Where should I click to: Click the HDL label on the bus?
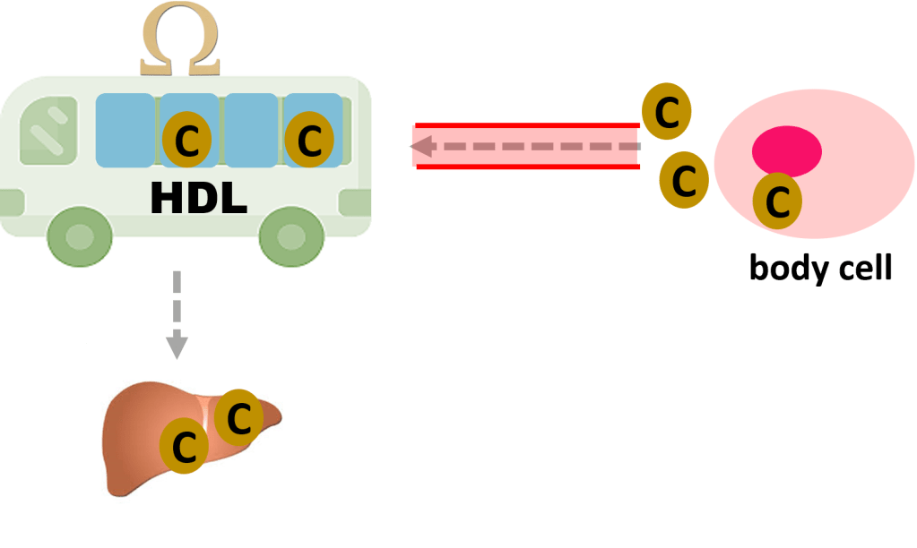point(198,198)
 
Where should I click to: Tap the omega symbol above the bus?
point(179,44)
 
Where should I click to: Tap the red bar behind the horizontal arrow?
point(524,146)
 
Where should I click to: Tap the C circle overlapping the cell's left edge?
point(684,181)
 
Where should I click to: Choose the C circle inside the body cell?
point(777,202)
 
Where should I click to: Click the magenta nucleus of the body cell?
point(786,150)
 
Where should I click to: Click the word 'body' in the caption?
point(784,269)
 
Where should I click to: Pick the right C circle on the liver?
point(238,417)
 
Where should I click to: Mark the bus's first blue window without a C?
point(125,130)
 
